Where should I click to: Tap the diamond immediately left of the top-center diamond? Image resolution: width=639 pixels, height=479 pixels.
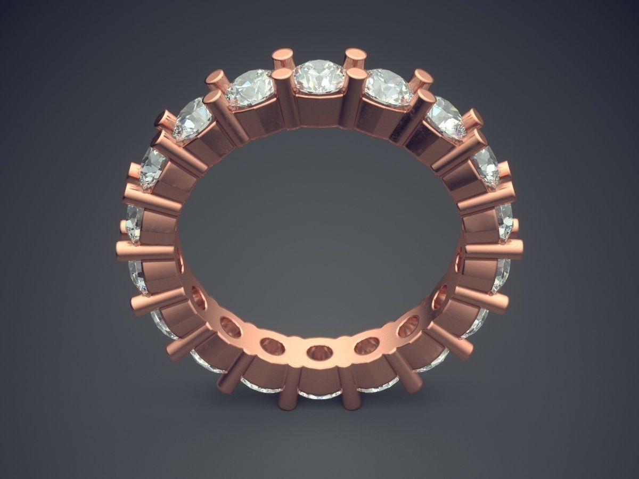249,86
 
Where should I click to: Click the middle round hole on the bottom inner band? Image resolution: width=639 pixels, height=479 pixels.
319,352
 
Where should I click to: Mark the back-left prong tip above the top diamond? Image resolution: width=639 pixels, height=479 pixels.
283,55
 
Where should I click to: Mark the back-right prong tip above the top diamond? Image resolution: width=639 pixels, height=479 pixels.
355,55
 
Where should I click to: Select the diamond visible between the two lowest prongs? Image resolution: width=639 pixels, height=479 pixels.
319,394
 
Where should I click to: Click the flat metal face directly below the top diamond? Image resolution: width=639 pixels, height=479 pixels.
319,109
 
